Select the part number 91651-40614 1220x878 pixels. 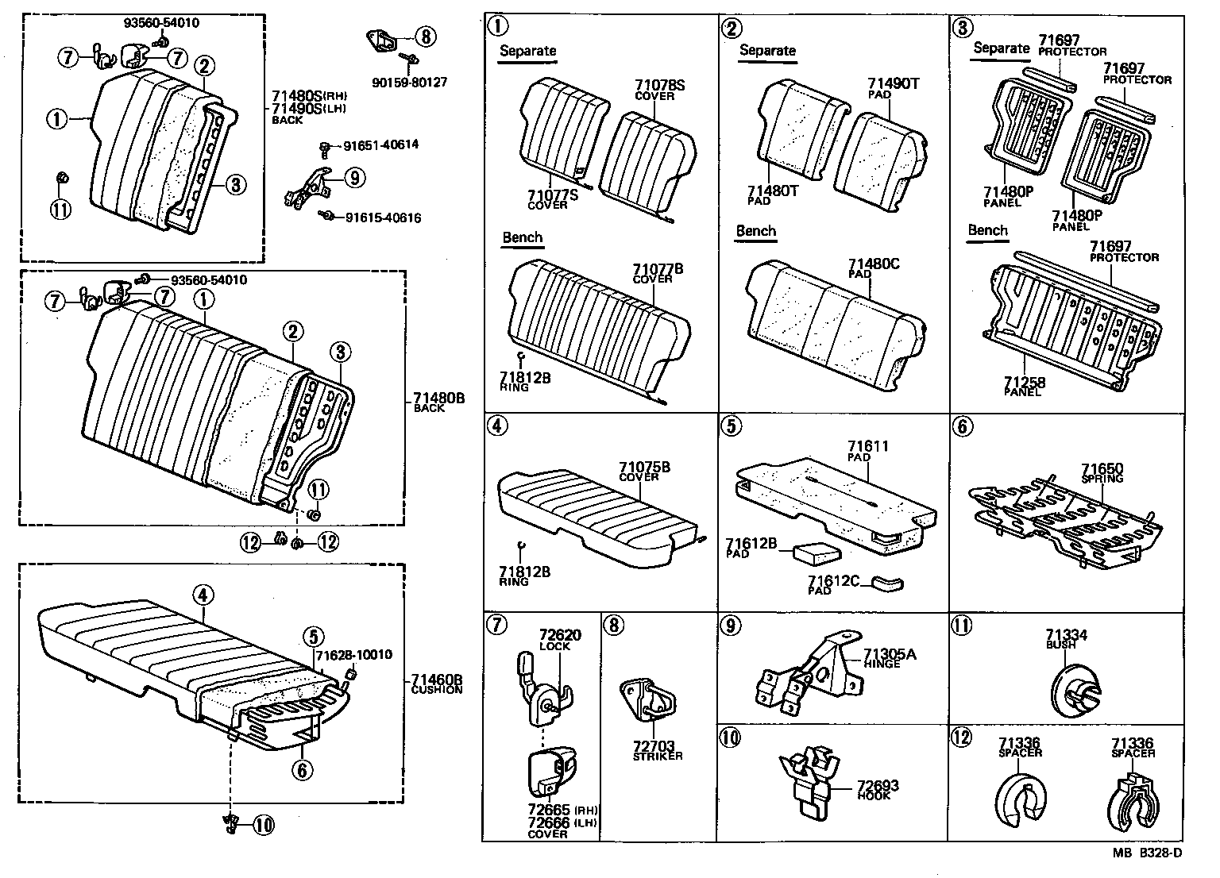tap(380, 145)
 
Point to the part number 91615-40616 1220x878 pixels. tap(382, 218)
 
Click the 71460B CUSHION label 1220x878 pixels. tap(437, 684)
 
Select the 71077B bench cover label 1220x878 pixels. tap(658, 273)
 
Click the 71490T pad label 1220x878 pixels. tap(893, 87)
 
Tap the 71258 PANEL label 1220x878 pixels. tap(1024, 387)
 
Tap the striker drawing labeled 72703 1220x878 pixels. tap(647, 700)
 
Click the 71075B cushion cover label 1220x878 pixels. tap(644, 472)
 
